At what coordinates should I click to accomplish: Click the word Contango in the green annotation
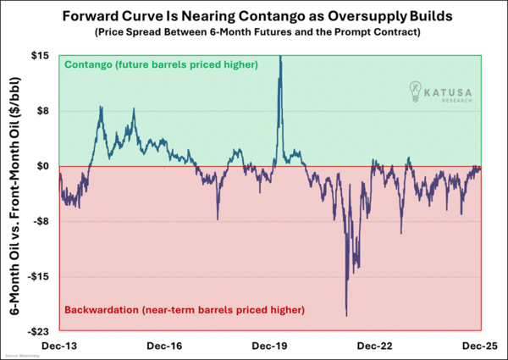[89, 64]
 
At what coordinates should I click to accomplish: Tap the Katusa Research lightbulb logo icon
[415, 89]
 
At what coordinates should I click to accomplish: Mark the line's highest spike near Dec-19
[280, 58]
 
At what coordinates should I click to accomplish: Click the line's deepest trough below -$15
[347, 316]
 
